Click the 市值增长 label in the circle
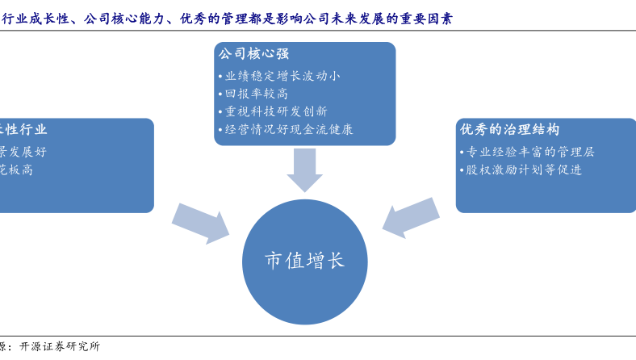(304, 261)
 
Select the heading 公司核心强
(251, 54)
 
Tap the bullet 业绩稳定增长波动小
(279, 76)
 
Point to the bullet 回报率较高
(256, 94)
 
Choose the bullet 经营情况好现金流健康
(286, 129)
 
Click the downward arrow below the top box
(304, 170)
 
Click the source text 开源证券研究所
(60, 347)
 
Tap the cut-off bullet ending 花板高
(16, 170)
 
